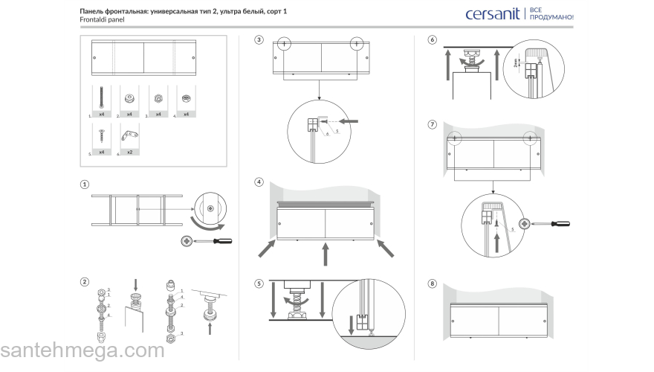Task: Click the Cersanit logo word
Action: point(493,14)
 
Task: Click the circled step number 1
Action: point(85,185)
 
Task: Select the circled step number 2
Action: point(85,282)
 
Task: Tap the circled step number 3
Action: point(259,39)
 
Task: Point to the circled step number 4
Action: point(259,182)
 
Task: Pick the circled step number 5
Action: point(259,283)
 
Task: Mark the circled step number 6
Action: point(433,39)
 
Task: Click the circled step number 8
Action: point(433,283)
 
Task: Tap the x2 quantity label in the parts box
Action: point(129,152)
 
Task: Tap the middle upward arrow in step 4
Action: point(324,256)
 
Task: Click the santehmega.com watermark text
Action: point(82,351)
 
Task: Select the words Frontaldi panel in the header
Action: point(102,20)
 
